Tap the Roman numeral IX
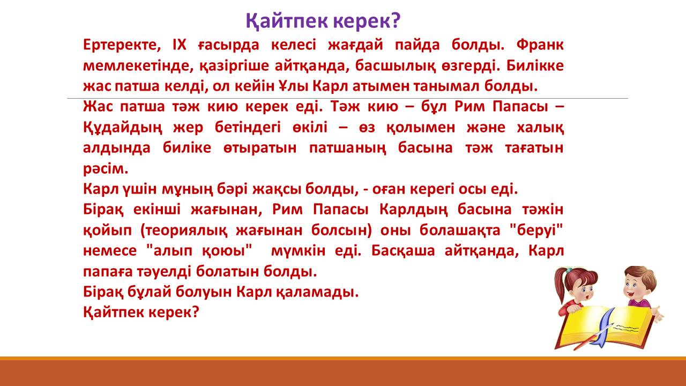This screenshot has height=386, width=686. (179, 44)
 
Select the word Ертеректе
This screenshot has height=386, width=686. (122, 46)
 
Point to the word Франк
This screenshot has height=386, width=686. (540, 44)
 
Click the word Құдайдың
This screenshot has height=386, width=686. (123, 128)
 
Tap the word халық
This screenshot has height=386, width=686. (540, 128)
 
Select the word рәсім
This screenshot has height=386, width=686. (106, 169)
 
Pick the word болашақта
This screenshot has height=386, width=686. (460, 231)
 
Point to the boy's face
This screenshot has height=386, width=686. (635, 286)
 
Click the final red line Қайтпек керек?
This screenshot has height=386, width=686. (141, 313)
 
